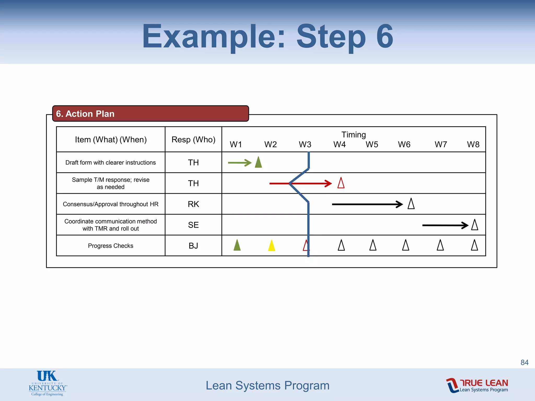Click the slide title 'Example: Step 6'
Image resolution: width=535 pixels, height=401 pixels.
[x=267, y=37]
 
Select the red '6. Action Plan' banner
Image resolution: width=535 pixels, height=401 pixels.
[x=150, y=114]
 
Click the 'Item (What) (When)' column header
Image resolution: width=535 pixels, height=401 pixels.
[x=111, y=140]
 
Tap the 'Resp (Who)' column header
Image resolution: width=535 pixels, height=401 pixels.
[x=193, y=140]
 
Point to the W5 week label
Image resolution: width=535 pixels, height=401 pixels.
[x=372, y=144]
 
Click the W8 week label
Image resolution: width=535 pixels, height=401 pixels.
[x=473, y=144]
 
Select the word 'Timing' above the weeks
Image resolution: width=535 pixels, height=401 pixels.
[x=353, y=135]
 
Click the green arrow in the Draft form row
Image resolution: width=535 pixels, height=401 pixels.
[x=239, y=163]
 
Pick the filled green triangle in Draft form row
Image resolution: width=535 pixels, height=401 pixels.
[x=258, y=163]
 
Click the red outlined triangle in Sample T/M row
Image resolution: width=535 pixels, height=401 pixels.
[x=341, y=183]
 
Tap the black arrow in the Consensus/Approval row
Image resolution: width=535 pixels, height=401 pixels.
[x=367, y=204]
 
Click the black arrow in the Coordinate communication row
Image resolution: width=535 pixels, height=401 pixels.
[x=445, y=225]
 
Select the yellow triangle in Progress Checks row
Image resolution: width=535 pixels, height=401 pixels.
[x=272, y=246]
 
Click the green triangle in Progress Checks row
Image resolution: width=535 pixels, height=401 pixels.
[x=237, y=245]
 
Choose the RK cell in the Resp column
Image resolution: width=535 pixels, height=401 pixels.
[x=193, y=204]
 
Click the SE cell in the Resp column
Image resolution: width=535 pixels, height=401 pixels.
[x=193, y=225]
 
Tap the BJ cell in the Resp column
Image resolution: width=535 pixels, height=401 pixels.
[x=193, y=246]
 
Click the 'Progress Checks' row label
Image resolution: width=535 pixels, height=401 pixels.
[x=111, y=246]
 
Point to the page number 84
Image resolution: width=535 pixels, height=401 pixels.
[x=524, y=362]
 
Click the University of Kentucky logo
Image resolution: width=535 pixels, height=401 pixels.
[x=48, y=383]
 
